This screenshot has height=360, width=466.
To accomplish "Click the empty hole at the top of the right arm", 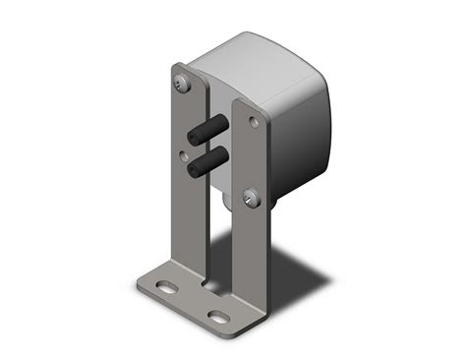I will [x=255, y=123].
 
